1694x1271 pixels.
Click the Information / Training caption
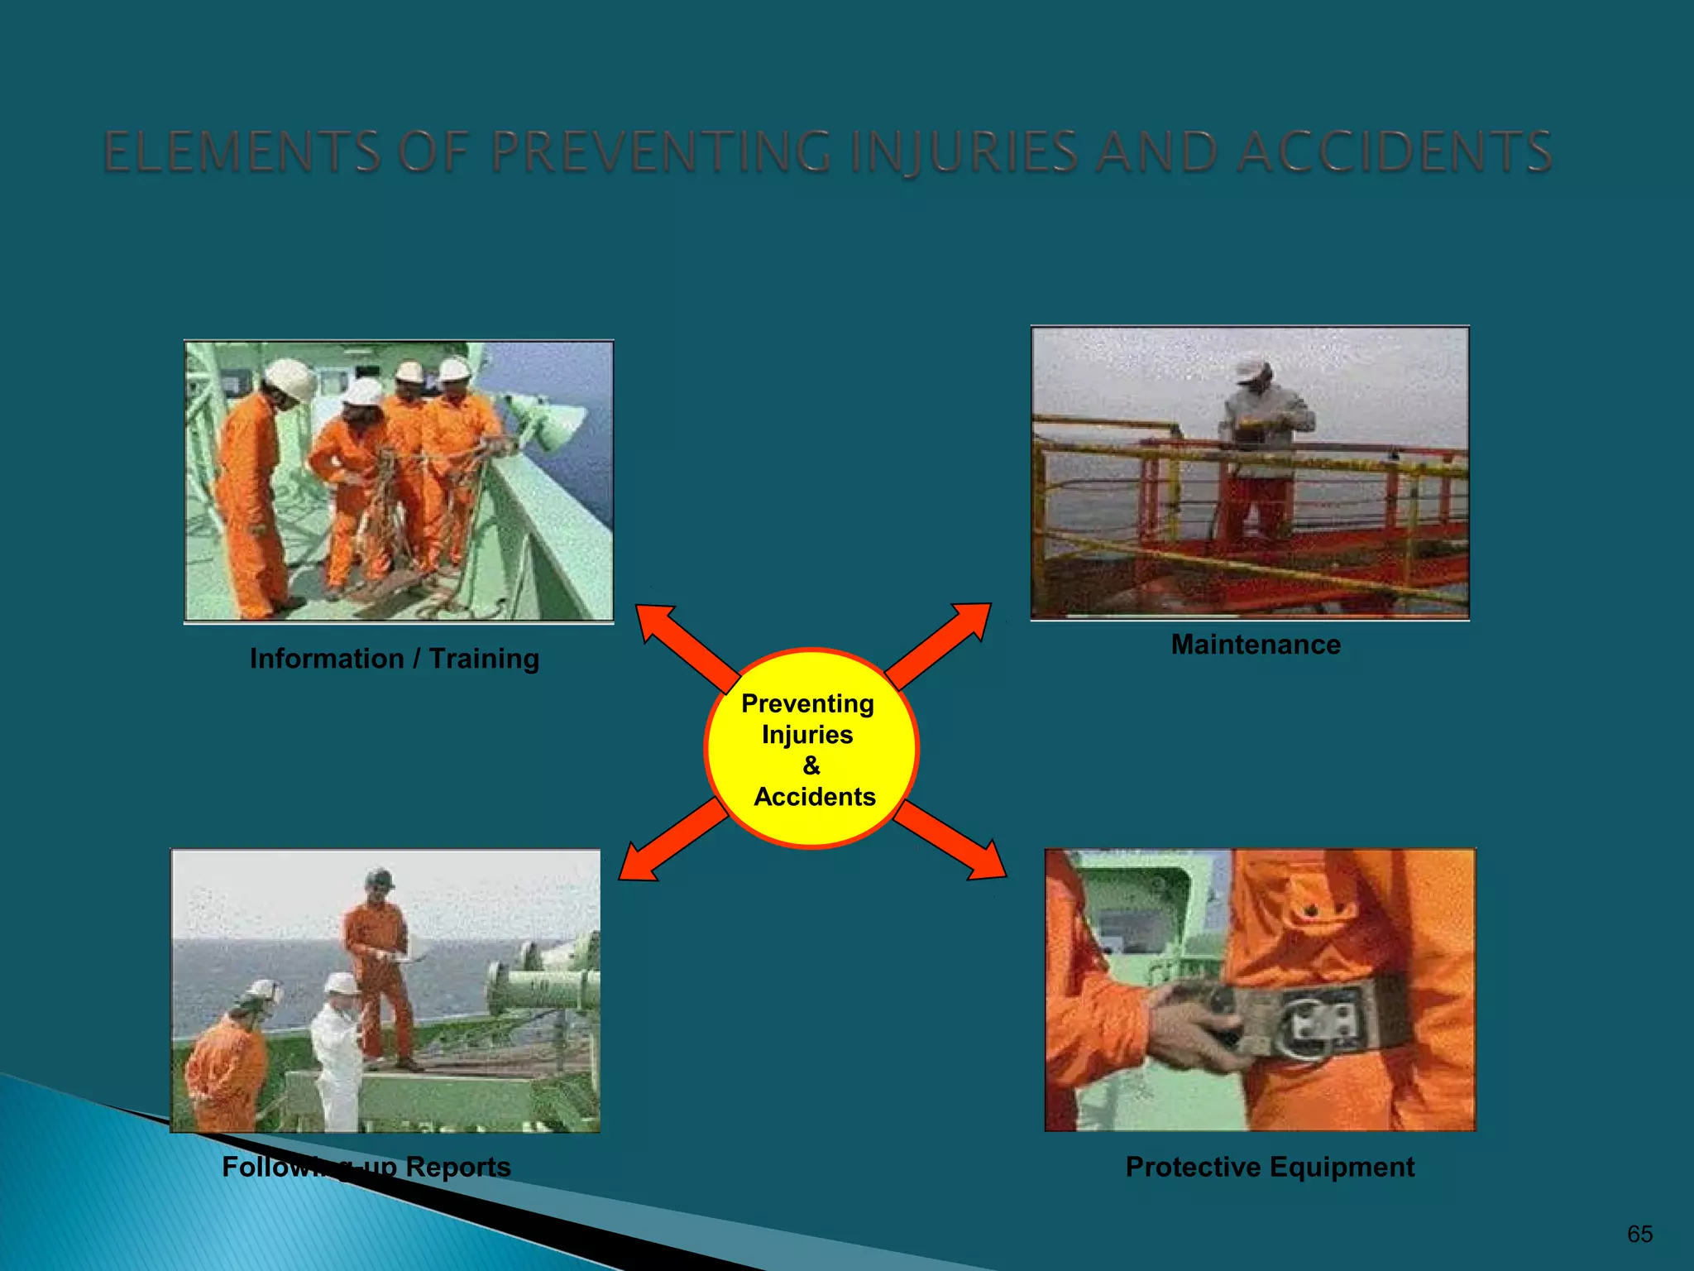395,659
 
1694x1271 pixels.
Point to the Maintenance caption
1256,645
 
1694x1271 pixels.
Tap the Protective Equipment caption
1270,1167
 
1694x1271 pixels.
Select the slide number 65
1639,1234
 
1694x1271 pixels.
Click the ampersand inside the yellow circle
811,765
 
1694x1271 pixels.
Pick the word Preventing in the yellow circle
807,703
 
